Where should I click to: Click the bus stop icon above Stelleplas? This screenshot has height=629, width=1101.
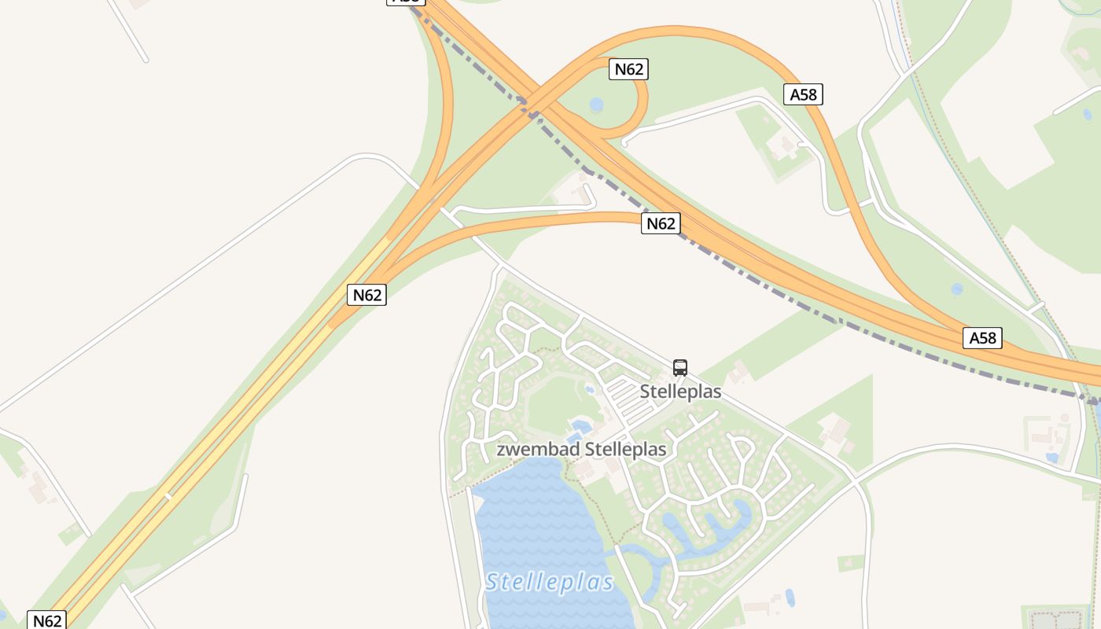pos(680,367)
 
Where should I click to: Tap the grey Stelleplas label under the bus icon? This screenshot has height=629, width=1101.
pos(680,391)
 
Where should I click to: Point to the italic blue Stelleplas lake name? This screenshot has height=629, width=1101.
pos(549,583)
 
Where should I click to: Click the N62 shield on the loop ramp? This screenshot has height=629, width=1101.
pos(628,69)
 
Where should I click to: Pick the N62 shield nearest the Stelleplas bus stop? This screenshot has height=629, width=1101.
pos(661,223)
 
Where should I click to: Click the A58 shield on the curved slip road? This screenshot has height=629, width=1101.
pos(803,94)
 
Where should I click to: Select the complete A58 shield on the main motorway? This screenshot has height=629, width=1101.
pos(982,338)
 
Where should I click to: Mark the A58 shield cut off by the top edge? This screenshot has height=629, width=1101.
pos(405,2)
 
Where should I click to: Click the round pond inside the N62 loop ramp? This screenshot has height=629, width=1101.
pos(597,105)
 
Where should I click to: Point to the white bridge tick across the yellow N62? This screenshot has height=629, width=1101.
pos(168,496)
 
